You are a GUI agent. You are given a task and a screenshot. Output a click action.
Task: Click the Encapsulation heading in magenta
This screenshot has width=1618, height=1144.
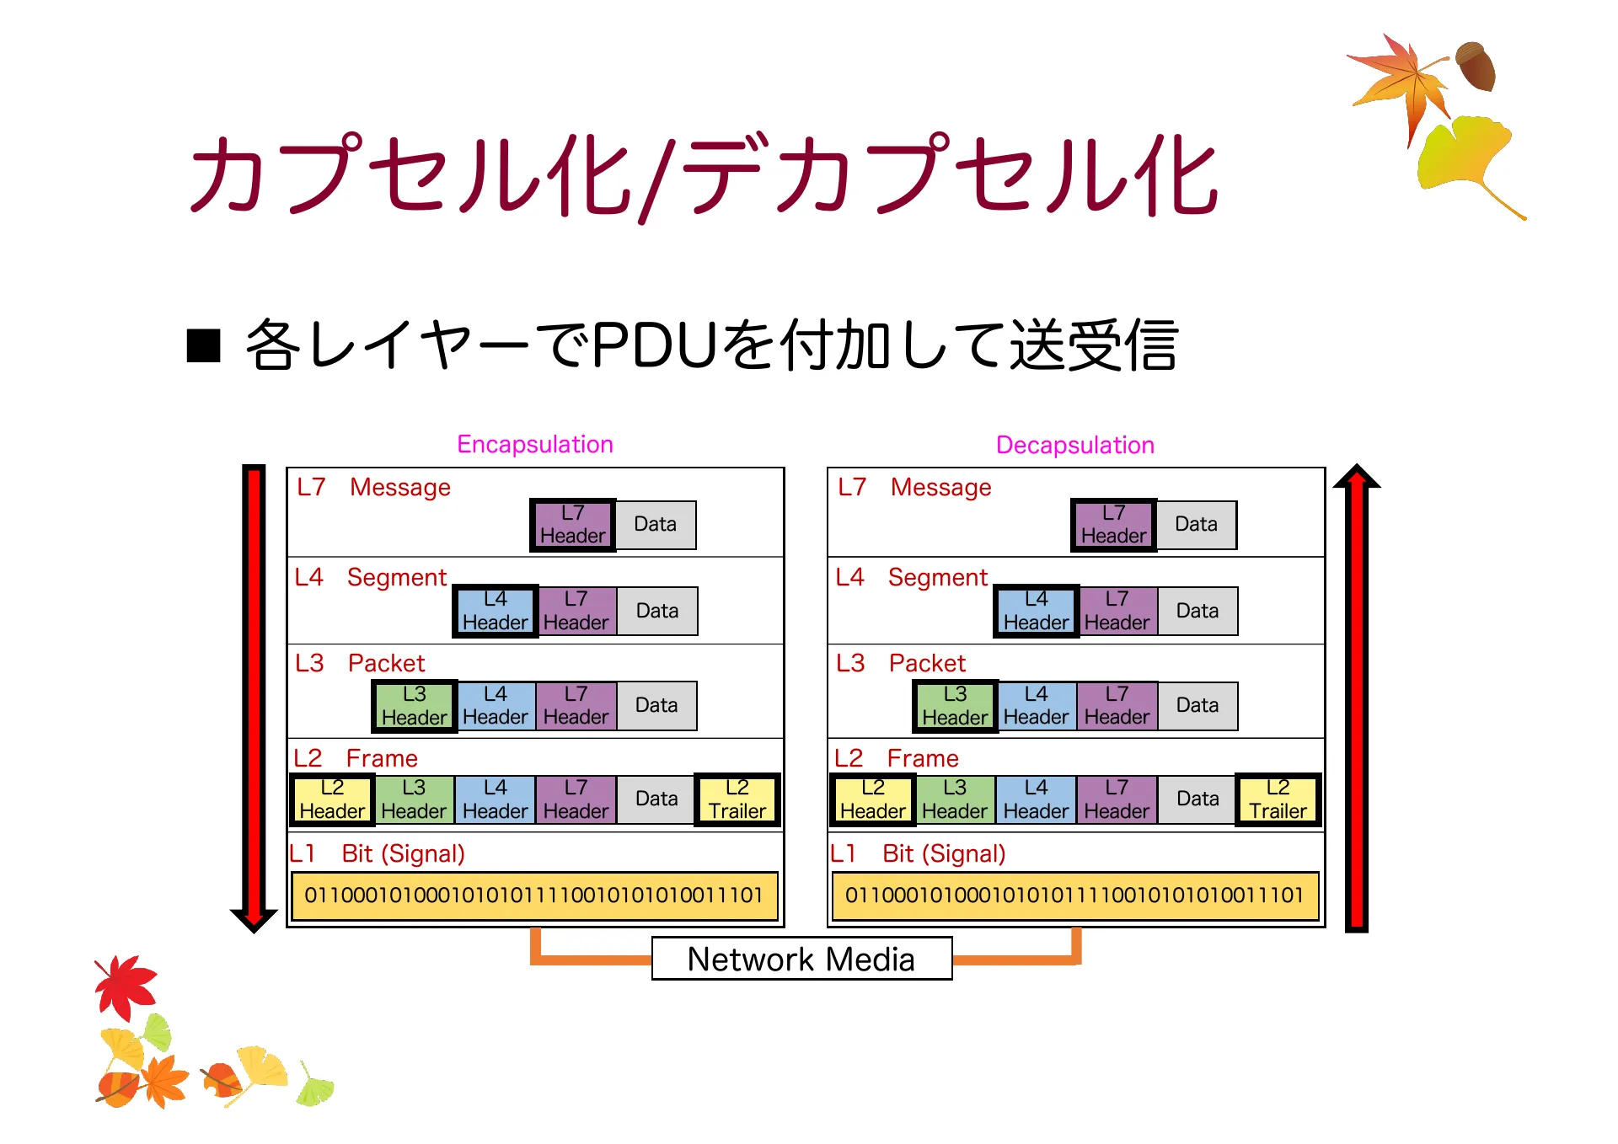(x=534, y=444)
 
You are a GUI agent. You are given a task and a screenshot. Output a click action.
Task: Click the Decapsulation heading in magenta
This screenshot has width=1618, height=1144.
(x=1074, y=445)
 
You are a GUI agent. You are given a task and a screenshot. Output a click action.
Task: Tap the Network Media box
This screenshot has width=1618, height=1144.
(x=801, y=959)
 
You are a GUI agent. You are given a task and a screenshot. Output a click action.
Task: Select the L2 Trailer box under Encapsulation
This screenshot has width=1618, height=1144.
(x=737, y=799)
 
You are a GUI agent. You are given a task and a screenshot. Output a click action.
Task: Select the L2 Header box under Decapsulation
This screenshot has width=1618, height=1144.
(x=872, y=799)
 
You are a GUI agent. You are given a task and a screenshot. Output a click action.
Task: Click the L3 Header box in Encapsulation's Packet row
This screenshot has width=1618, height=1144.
(x=414, y=706)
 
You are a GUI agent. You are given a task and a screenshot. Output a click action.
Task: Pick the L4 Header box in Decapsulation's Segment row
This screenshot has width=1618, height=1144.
(x=1036, y=611)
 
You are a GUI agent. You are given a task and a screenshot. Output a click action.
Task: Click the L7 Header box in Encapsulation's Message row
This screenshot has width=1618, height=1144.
(x=572, y=525)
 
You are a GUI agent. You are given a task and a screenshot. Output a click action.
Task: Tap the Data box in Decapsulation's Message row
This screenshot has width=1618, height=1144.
(x=1196, y=525)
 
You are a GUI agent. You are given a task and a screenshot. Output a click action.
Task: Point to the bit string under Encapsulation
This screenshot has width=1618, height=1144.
(x=533, y=895)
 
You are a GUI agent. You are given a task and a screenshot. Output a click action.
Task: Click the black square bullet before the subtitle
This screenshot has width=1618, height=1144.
(x=203, y=345)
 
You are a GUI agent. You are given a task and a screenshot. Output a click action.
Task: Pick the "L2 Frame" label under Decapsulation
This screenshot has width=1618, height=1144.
(x=897, y=758)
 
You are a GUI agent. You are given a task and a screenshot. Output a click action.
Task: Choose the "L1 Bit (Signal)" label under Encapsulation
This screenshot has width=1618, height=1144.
(x=377, y=853)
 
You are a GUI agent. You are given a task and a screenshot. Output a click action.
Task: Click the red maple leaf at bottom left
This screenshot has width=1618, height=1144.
(x=126, y=986)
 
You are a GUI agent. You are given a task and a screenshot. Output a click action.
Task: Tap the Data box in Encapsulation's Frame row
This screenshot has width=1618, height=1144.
(x=656, y=799)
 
